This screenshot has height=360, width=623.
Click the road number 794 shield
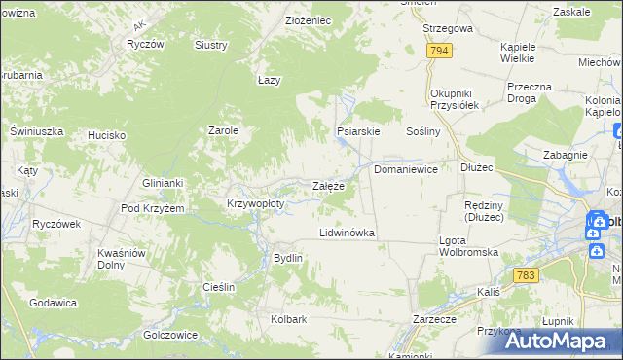(439, 51)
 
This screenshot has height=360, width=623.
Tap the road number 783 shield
(527, 276)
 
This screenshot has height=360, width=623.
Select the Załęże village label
(328, 186)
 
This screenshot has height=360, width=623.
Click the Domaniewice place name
(406, 168)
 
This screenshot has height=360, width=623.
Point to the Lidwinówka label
(348, 234)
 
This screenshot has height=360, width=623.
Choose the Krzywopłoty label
(255, 204)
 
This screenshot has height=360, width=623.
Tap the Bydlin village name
(288, 258)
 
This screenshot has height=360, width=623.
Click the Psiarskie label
(357, 130)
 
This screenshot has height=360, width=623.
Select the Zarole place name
(224, 129)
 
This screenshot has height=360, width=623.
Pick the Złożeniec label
(308, 20)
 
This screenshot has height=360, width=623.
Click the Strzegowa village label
(448, 29)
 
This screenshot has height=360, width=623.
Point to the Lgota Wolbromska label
(469, 246)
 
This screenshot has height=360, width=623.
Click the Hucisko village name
(106, 135)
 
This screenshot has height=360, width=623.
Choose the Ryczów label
(143, 45)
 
